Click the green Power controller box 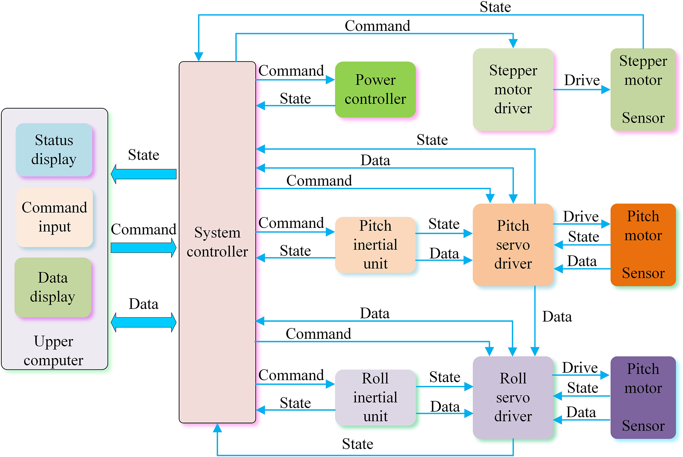click(375, 89)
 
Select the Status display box click(54, 150)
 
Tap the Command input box click(55, 217)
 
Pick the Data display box click(53, 287)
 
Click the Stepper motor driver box click(513, 89)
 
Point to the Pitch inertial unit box click(375, 245)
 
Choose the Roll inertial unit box click(375, 397)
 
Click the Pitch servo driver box click(513, 245)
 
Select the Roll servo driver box click(513, 397)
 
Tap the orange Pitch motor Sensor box click(643, 245)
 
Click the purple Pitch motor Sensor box click(643, 397)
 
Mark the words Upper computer click(54, 351)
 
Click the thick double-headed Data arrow click(143, 322)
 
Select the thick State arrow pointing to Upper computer click(143, 174)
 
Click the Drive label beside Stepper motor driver click(582, 80)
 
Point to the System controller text click(217, 242)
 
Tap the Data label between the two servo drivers click(557, 317)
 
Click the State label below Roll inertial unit click(358, 444)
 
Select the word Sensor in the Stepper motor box click(643, 118)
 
